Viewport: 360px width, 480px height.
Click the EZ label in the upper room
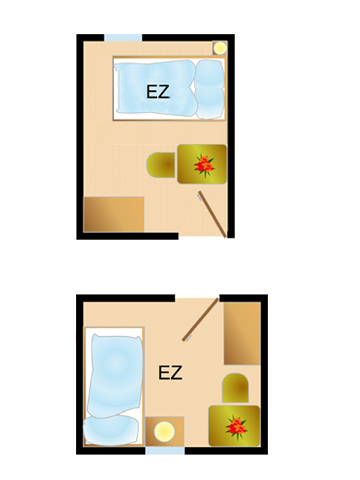coord(157,92)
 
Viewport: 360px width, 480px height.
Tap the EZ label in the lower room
coord(170,373)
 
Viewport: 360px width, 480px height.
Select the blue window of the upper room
coord(123,38)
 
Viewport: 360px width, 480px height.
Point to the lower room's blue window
coord(165,451)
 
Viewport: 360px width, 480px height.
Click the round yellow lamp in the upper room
coord(219,47)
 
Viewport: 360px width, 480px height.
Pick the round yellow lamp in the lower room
coord(162,432)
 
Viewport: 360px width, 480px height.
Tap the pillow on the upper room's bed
coord(210,88)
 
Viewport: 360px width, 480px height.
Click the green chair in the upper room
coord(161,164)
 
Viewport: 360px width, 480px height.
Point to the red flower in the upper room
coord(204,163)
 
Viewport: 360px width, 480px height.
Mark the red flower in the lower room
coord(236,426)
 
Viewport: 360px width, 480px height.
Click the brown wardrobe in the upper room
coord(113,214)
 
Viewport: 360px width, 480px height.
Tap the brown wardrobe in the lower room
coord(242,334)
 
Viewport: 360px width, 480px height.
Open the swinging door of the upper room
coord(213,214)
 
